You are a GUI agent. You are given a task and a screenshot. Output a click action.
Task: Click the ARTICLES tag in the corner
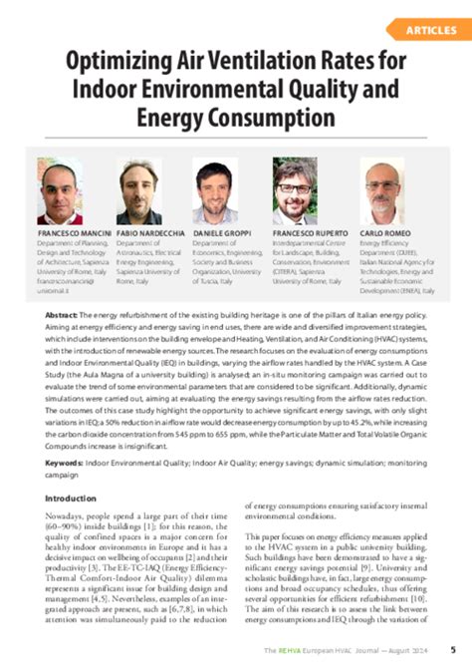click(x=431, y=31)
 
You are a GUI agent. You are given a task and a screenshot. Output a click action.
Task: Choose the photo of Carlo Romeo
click(x=384, y=191)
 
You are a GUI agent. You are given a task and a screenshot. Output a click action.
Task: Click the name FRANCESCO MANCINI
click(x=73, y=233)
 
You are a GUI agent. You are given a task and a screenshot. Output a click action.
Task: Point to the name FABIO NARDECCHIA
click(x=150, y=233)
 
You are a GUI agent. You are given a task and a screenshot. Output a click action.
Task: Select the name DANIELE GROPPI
click(x=223, y=233)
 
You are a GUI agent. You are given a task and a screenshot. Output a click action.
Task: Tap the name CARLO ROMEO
click(x=386, y=233)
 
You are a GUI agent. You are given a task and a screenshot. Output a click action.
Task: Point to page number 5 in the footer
click(x=453, y=650)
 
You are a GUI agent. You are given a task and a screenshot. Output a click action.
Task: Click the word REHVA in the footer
click(x=290, y=650)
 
